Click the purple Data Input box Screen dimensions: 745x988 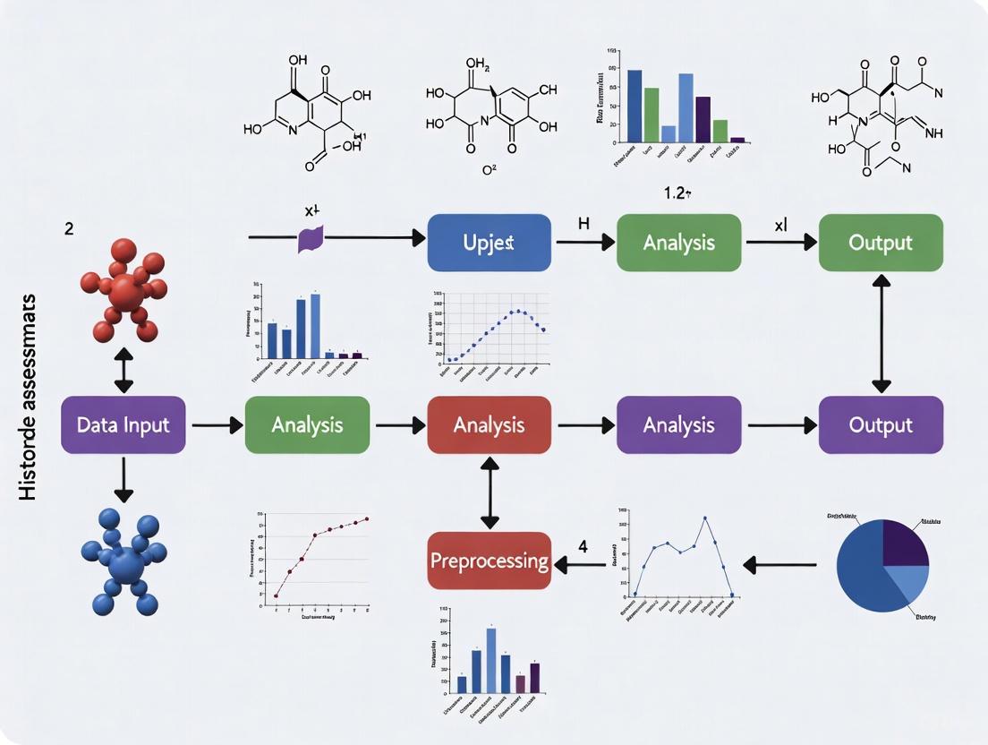123,424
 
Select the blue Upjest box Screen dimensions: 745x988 489,243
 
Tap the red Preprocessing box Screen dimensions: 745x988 489,561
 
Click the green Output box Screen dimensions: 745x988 881,243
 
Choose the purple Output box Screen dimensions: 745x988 881,424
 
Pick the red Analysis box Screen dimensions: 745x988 489,424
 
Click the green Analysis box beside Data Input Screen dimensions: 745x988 306,424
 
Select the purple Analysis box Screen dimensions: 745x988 678,424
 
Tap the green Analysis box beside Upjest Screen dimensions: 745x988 678,243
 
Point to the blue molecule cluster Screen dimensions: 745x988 126,560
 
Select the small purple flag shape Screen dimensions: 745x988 310,238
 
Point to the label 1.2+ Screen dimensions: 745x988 669,192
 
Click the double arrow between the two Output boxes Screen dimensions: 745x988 881,333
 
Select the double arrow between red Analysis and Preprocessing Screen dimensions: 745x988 489,493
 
